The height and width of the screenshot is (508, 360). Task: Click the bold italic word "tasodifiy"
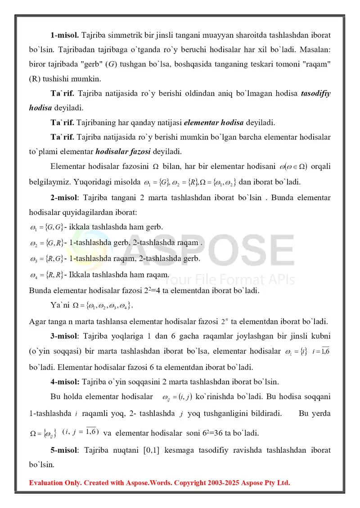(x=315, y=93)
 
